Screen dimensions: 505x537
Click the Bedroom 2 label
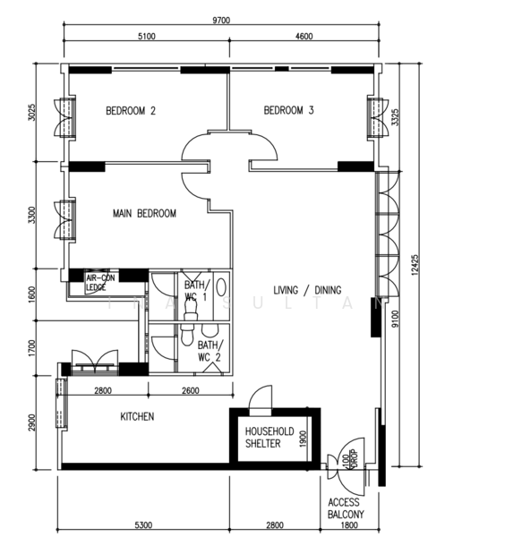tap(131, 111)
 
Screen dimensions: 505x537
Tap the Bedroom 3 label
tap(288, 110)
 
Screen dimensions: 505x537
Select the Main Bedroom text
tap(144, 213)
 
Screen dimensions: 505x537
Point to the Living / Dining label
tap(307, 290)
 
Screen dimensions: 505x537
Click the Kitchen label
tap(137, 416)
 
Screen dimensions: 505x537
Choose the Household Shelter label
tap(270, 438)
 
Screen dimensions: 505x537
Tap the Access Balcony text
tap(346, 508)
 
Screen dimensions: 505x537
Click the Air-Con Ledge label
tap(100, 283)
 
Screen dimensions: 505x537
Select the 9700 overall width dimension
tap(221, 21)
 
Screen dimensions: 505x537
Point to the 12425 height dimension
tap(415, 265)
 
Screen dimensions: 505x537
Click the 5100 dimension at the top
tap(147, 36)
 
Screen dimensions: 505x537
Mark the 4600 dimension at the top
tap(304, 36)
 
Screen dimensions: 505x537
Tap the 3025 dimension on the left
tap(31, 112)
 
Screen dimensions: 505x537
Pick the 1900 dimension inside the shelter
tap(303, 439)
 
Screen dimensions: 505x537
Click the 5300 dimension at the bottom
tap(143, 524)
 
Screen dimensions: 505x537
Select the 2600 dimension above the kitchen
tap(191, 390)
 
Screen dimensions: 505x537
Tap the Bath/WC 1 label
tap(195, 290)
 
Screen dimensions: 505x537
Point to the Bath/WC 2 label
tap(210, 351)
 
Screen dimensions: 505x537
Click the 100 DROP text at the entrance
tap(350, 459)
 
